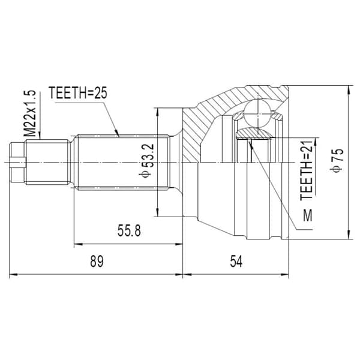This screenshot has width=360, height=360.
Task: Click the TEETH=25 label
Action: (78, 93)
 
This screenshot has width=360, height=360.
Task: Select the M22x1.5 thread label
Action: (30, 113)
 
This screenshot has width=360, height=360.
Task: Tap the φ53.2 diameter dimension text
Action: (146, 160)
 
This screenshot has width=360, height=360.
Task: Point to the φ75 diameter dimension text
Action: (337, 160)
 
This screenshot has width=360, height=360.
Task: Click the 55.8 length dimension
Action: (129, 230)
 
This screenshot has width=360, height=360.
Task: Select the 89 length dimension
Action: (97, 261)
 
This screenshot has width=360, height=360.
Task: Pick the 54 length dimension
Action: (236, 261)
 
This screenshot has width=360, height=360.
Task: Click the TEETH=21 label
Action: (307, 170)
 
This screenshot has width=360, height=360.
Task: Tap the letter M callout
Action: (308, 215)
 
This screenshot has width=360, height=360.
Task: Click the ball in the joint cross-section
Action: (257, 114)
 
